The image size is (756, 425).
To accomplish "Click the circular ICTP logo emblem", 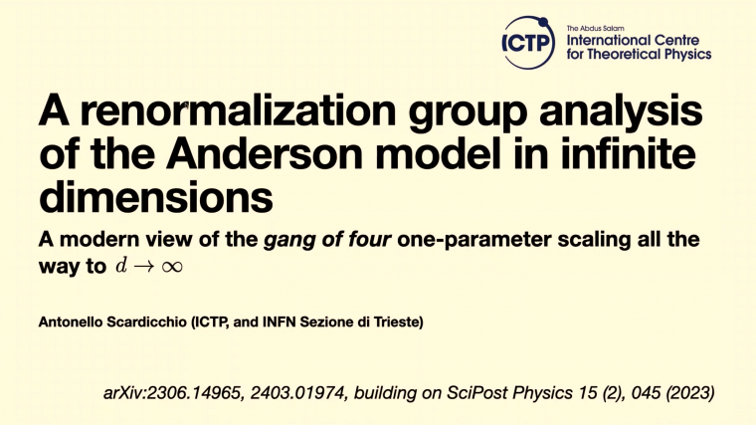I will [527, 43].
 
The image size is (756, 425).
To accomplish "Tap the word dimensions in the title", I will [155, 197].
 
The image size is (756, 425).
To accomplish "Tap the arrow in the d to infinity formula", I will [141, 268].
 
